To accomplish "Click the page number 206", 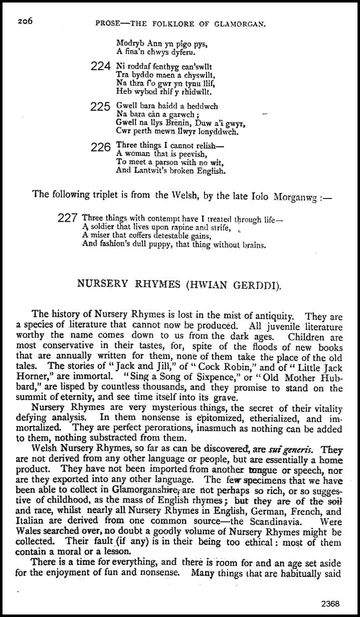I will click(25, 21).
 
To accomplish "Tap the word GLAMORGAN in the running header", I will click(243, 24).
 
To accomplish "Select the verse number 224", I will click(101, 66).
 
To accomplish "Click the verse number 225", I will click(101, 106).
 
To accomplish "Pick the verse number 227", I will click(68, 218).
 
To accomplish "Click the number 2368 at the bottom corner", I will click(331, 603).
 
